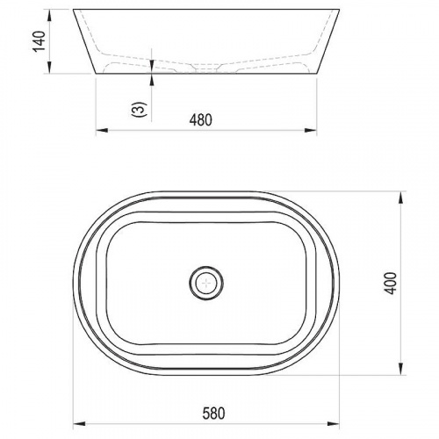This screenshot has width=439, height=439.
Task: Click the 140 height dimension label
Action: pyautogui.click(x=40, y=41)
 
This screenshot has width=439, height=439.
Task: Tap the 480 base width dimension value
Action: pyautogui.click(x=201, y=120)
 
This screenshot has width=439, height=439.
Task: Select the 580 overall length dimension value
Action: pyautogui.click(x=214, y=414)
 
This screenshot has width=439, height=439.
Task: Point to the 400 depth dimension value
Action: pyautogui.click(x=391, y=283)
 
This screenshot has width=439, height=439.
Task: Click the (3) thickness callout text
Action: pyautogui.click(x=140, y=110)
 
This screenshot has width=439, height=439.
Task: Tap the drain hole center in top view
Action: pyautogui.click(x=206, y=283)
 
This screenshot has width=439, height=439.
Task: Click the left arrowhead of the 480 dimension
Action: pyautogui.click(x=102, y=130)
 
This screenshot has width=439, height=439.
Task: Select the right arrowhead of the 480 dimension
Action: pyautogui.click(x=311, y=130)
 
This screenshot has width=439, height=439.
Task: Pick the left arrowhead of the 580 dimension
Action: pyautogui.click(x=79, y=423)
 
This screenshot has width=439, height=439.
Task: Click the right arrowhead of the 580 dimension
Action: pyautogui.click(x=334, y=423)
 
